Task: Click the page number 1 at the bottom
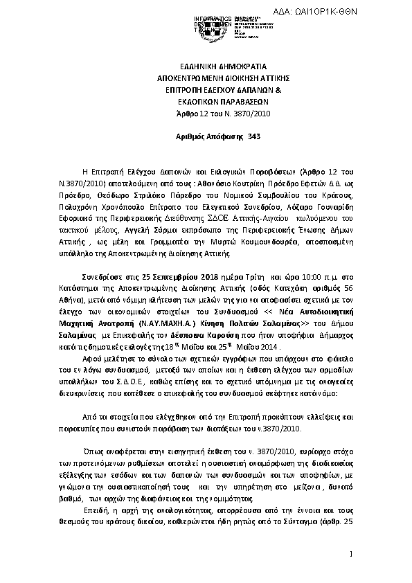tap(352, 555)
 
